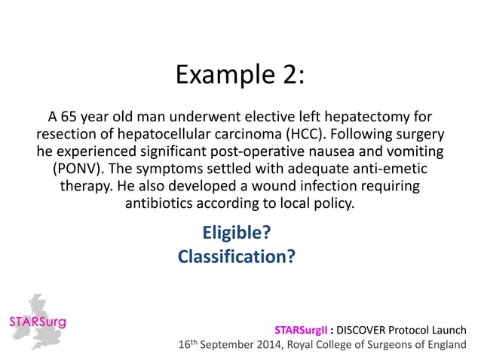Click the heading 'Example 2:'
(x=240, y=75)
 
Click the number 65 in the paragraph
(x=70, y=118)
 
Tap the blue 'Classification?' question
(x=236, y=257)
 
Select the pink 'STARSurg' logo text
(x=37, y=323)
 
